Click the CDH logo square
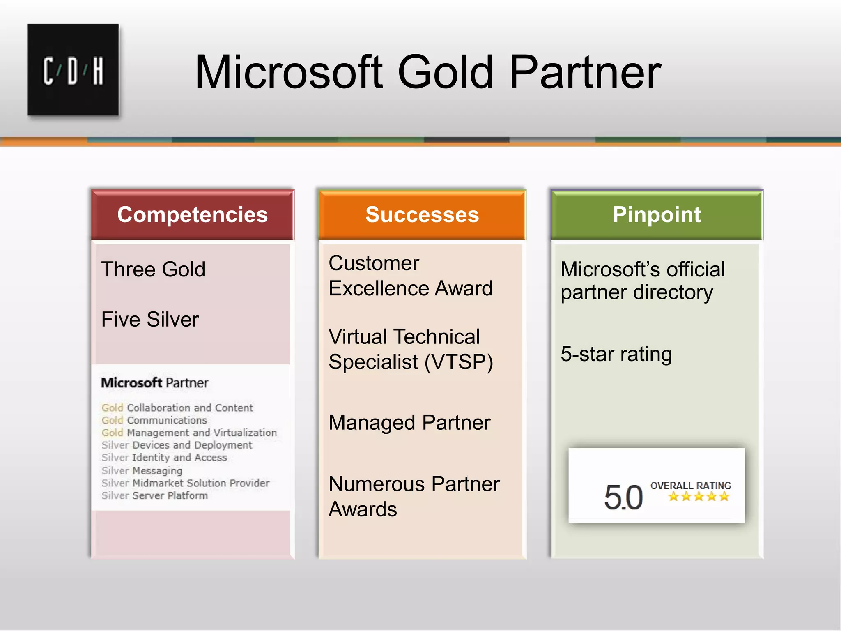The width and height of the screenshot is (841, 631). pyautogui.click(x=73, y=70)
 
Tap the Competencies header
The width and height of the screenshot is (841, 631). pyautogui.click(x=192, y=214)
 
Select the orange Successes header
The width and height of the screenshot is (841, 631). pyautogui.click(x=422, y=214)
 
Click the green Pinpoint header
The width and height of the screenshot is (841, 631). pyautogui.click(x=656, y=214)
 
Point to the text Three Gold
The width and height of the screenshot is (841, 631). pyautogui.click(x=153, y=269)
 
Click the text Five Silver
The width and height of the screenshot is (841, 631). pyautogui.click(x=150, y=319)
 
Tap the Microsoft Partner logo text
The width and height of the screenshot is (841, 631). pyautogui.click(x=154, y=383)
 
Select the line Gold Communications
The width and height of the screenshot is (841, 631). pyautogui.click(x=154, y=420)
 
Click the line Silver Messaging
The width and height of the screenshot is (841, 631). pyautogui.click(x=142, y=470)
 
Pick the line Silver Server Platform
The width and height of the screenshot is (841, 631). pyautogui.click(x=155, y=495)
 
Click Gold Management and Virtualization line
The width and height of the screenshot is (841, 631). pyautogui.click(x=189, y=433)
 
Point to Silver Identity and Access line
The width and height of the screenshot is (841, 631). pyautogui.click(x=164, y=458)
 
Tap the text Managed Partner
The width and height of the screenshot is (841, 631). pyautogui.click(x=409, y=423)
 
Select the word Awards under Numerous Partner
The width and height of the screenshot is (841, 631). pyautogui.click(x=363, y=509)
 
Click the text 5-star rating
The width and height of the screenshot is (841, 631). pyautogui.click(x=616, y=354)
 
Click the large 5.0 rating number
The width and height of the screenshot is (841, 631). pyautogui.click(x=623, y=497)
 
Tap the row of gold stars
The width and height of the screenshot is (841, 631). pyautogui.click(x=699, y=497)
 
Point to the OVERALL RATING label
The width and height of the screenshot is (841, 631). pyautogui.click(x=690, y=485)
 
